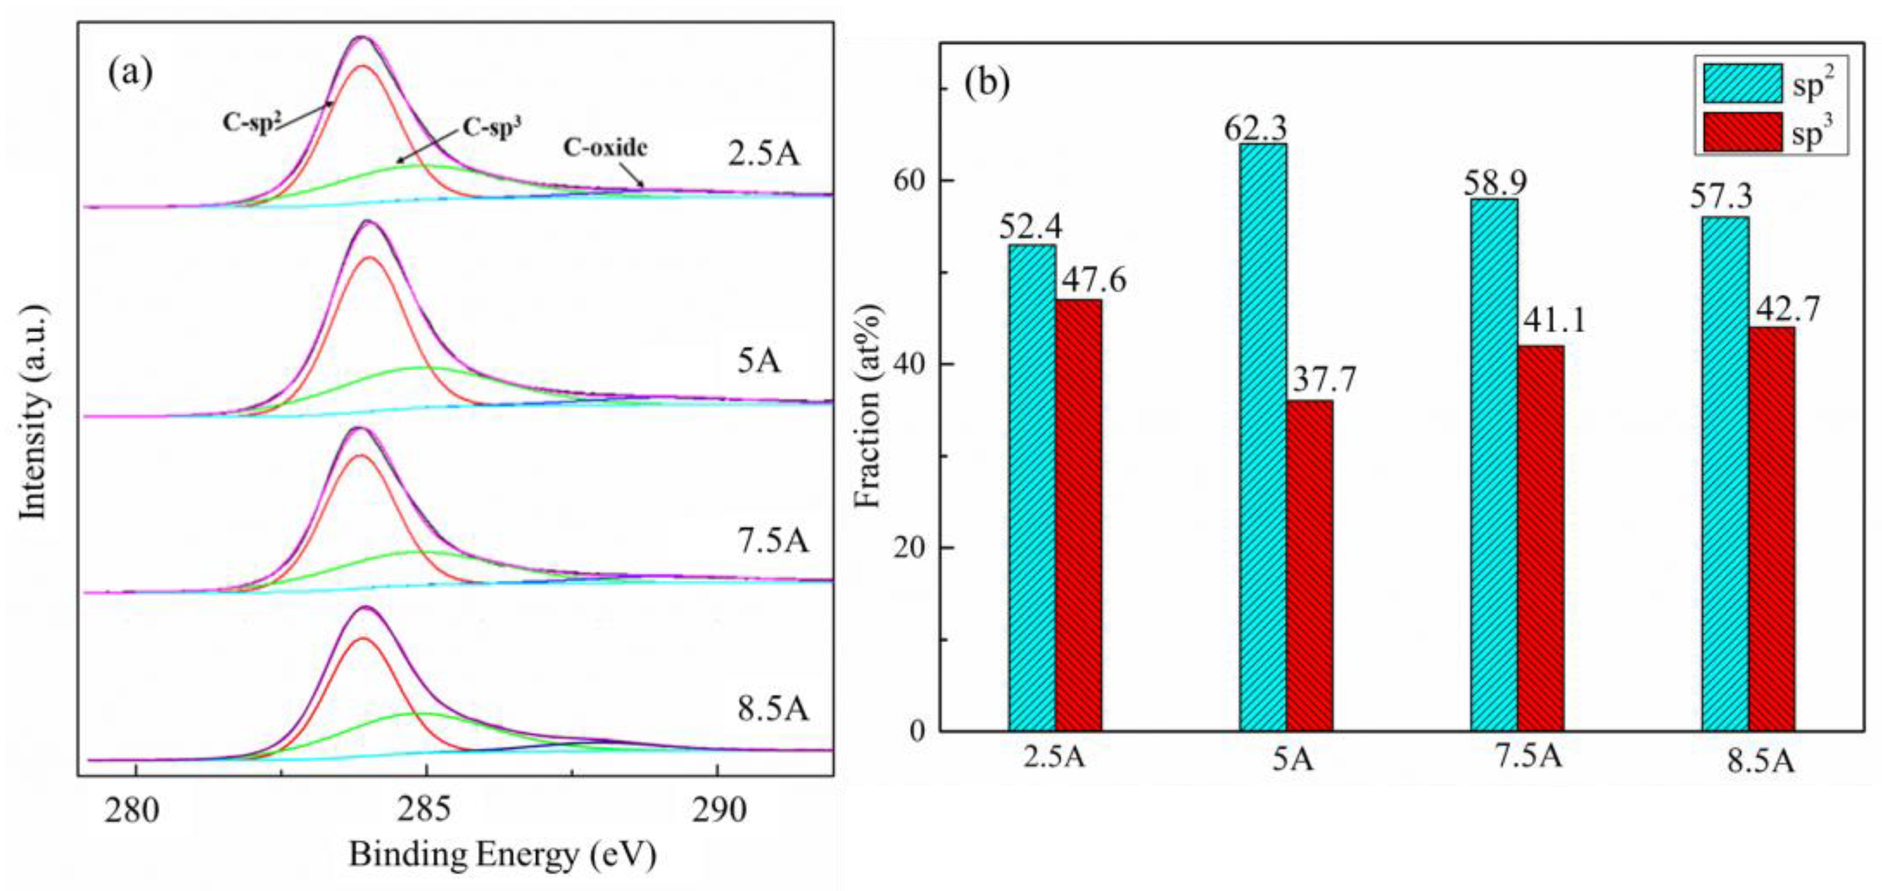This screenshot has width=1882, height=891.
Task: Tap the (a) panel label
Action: [131, 73]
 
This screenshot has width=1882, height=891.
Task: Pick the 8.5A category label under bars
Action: [1761, 763]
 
